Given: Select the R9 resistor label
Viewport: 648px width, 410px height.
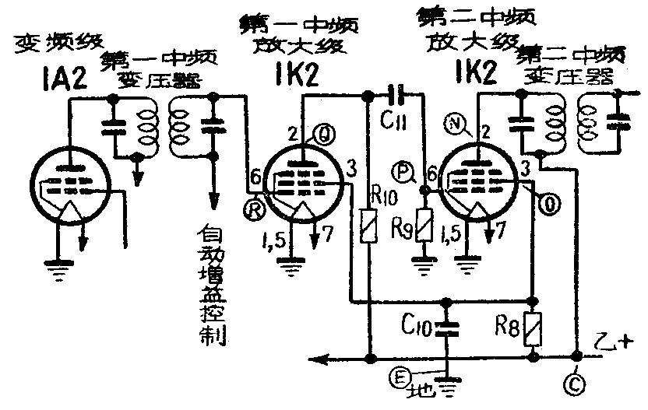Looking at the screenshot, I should pos(402,228).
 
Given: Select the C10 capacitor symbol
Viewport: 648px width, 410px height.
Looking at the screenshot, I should pos(446,324).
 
